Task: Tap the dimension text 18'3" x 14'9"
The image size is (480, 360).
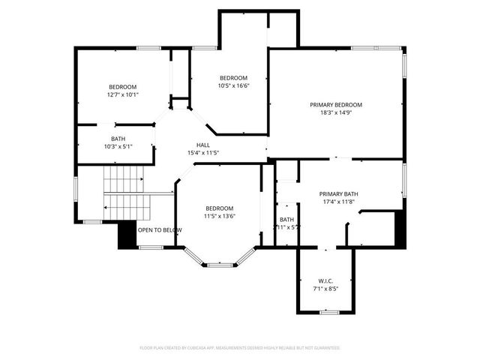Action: click(336, 112)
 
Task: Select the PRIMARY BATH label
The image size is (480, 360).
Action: click(340, 193)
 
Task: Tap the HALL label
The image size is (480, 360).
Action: click(203, 145)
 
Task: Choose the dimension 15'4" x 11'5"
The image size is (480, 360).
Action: click(203, 153)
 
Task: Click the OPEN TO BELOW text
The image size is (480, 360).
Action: click(159, 229)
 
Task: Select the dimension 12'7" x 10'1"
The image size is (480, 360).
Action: click(123, 94)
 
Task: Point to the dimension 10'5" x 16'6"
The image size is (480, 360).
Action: click(233, 85)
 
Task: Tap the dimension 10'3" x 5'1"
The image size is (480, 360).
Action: click(118, 146)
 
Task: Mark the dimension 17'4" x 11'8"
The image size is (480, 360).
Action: click(340, 202)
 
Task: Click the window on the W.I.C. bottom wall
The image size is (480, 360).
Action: click(328, 311)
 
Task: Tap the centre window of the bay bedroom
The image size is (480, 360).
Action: click(220, 264)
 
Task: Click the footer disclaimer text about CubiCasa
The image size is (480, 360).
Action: click(240, 348)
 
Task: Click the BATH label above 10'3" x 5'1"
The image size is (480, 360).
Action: click(118, 138)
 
